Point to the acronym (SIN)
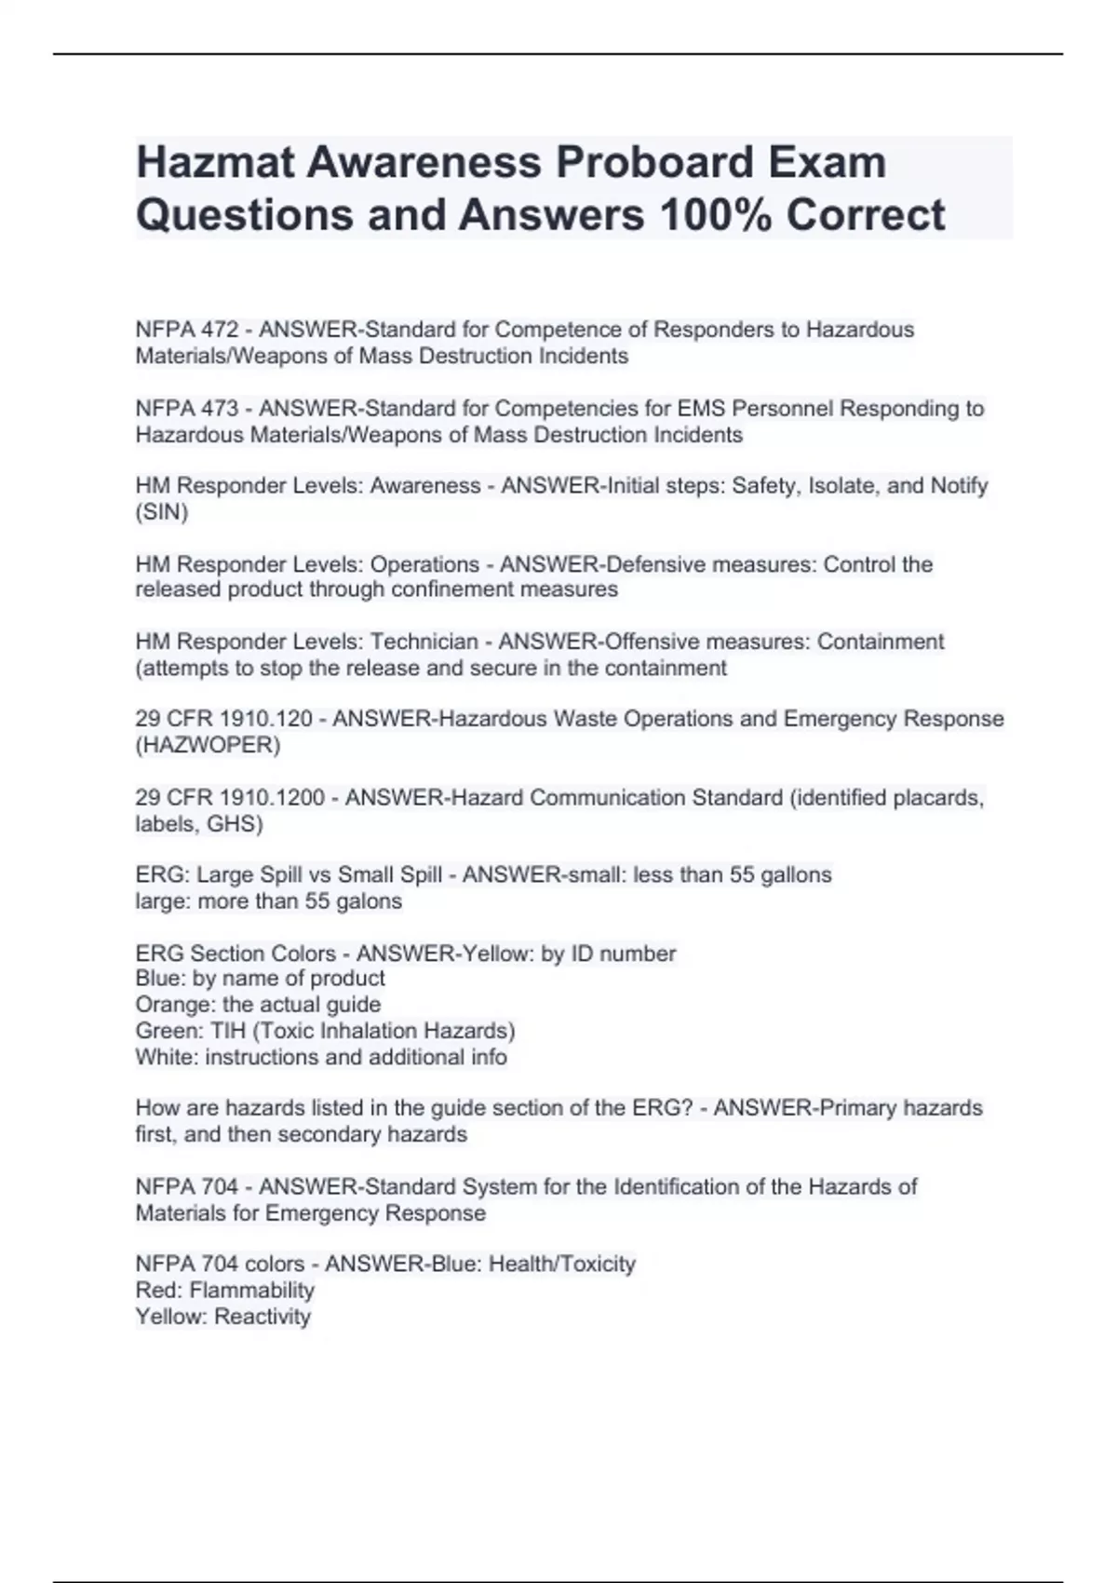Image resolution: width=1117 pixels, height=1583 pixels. tap(162, 512)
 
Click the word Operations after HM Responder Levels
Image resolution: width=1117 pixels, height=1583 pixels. tap(424, 564)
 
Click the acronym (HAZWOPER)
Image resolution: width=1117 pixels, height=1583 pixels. tap(208, 745)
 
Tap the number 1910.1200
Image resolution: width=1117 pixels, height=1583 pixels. tap(271, 798)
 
